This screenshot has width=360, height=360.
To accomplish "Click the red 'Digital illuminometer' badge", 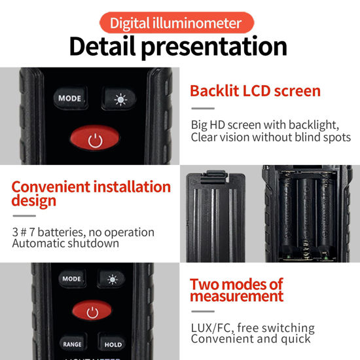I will pos(175,24).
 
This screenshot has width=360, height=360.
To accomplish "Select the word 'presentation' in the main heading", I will pos(223,47).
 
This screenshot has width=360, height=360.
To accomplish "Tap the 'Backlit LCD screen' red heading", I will pos(255,90).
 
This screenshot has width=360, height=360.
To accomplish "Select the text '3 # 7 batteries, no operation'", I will pos(83,232).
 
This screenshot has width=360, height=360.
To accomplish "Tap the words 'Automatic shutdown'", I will pos(65,243).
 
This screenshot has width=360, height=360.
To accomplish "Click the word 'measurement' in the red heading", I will pos(237,297).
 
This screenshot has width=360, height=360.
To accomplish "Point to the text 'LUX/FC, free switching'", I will pos(253,327).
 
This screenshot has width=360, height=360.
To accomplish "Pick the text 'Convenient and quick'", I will pos(251,339).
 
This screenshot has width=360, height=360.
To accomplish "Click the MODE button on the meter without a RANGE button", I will pos(69,98).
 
